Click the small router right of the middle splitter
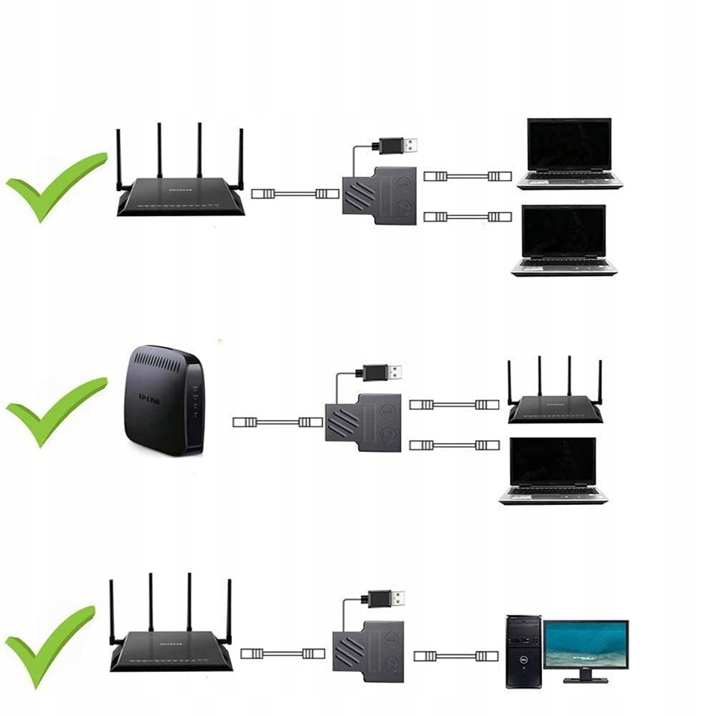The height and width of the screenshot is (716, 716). click(555, 406)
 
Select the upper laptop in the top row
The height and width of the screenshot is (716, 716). click(569, 153)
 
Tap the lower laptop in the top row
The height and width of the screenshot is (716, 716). click(565, 240)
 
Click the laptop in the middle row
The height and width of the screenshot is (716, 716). click(553, 470)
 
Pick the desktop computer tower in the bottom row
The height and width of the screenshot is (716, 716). click(524, 651)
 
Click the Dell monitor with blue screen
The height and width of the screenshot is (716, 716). click(585, 646)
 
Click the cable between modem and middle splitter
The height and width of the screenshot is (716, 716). click(277, 422)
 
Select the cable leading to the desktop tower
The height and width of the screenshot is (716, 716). click(456, 656)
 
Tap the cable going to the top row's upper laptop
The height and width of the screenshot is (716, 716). click(468, 177)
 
